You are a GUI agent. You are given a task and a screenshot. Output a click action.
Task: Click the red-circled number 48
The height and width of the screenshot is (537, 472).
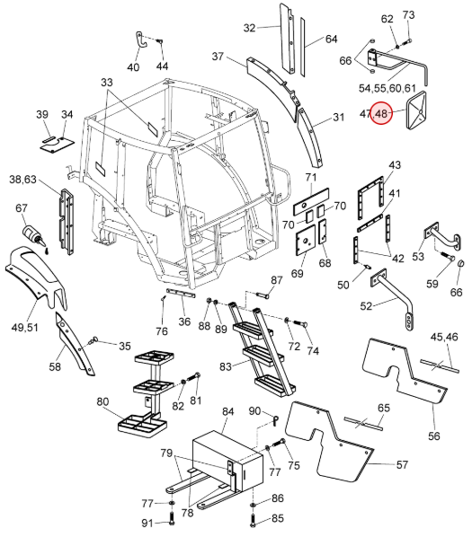coord(383,113)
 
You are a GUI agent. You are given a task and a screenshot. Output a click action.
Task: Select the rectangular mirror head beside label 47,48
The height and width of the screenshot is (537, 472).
coord(416,110)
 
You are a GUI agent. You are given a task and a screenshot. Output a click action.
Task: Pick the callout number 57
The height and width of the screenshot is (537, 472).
coord(402,464)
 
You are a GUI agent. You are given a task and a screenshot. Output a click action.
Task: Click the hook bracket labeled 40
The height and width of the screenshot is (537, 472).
coord(141,40)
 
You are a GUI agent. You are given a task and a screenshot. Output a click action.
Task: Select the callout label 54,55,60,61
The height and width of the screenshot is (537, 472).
coord(387,88)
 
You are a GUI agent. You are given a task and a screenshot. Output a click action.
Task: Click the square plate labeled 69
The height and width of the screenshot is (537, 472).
coord(306,241)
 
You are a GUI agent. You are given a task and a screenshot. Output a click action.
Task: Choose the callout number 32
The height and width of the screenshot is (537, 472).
coord(250,28)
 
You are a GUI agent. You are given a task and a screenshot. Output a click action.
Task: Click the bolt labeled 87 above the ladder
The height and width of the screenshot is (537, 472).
coord(263,294)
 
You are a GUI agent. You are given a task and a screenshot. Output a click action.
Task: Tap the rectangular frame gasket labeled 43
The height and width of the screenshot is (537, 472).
coord(371,198)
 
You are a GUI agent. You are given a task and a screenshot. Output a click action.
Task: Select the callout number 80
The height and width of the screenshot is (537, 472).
coord(102,401)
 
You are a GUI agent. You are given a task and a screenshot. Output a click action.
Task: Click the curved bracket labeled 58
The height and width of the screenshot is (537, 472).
coord(75,345)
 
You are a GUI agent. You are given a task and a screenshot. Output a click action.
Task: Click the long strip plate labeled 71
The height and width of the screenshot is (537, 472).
coord(311,201)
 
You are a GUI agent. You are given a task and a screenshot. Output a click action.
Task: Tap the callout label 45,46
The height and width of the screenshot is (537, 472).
coord(444,337)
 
